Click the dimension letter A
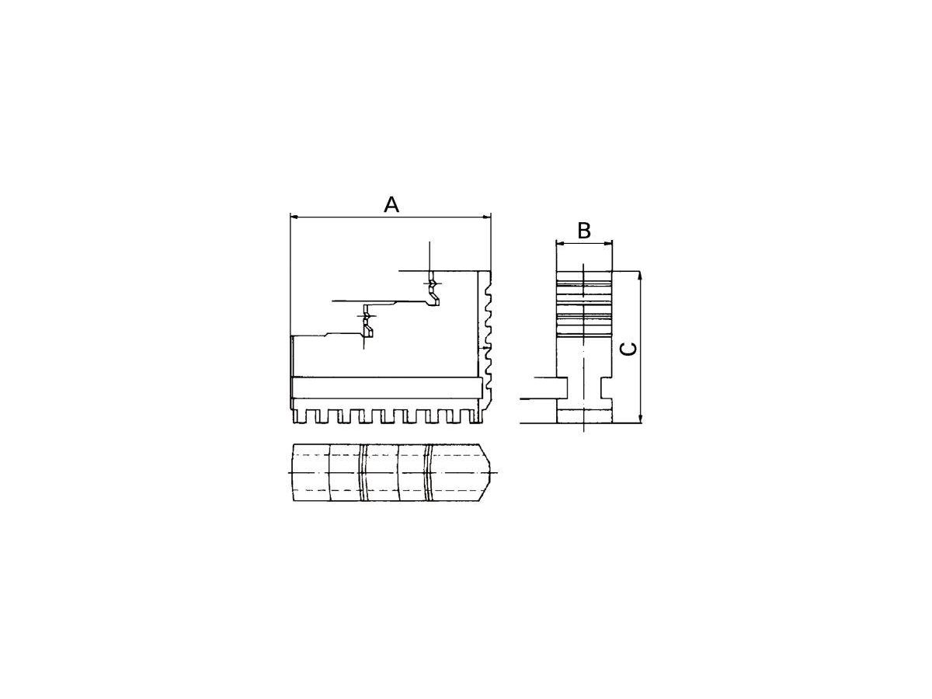(x=391, y=204)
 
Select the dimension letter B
(x=584, y=231)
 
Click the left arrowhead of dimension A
(x=294, y=217)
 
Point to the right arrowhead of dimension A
(x=487, y=217)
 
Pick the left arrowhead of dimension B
(x=559, y=244)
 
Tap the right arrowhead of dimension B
(x=609, y=244)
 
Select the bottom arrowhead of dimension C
(x=640, y=419)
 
